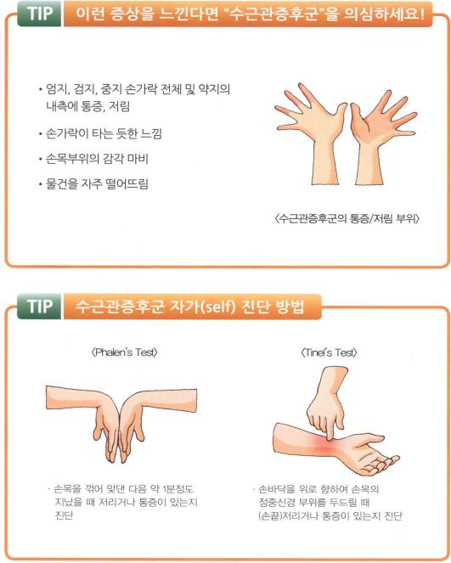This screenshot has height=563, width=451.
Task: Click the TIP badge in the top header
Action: coord(39,14)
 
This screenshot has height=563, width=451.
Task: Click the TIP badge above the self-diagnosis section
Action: coord(39,307)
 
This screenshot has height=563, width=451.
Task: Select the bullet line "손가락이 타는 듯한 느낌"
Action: coord(104,133)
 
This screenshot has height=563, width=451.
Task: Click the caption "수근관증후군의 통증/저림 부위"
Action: coord(347,218)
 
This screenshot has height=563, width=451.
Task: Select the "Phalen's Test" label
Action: coord(125,352)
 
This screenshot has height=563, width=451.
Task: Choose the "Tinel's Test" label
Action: coord(329,352)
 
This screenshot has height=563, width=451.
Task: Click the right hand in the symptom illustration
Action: coord(381,137)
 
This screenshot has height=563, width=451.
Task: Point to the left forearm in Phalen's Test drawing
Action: coord(72,398)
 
